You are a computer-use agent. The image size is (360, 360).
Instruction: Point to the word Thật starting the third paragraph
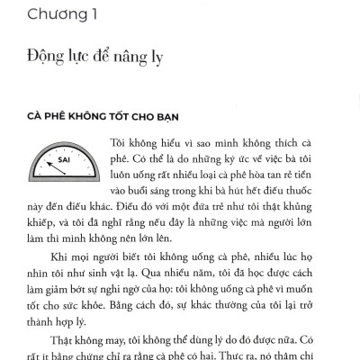pos(64,340)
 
